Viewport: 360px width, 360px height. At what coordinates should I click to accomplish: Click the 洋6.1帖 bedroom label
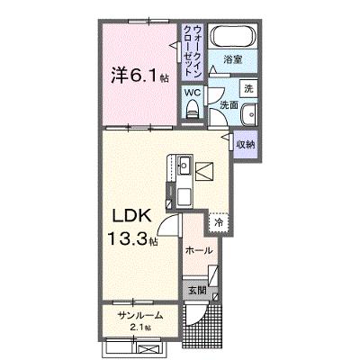click(139, 76)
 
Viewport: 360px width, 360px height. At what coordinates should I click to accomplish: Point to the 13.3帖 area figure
click(132, 238)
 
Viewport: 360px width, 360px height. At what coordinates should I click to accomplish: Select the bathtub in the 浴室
click(233, 36)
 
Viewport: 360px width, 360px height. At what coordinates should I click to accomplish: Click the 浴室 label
click(233, 59)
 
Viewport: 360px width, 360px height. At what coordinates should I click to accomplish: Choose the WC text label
click(193, 93)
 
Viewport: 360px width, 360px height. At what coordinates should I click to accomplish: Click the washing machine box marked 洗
click(248, 88)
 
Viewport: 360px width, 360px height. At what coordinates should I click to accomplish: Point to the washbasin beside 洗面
click(248, 114)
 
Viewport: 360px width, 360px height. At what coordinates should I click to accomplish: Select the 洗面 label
click(229, 105)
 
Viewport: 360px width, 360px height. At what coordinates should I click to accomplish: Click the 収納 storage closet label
click(246, 144)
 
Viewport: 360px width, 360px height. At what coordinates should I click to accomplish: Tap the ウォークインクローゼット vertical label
click(193, 50)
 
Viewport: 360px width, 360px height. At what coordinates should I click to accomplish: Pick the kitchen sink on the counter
click(184, 165)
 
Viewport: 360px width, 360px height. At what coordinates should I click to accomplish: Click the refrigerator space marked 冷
click(219, 223)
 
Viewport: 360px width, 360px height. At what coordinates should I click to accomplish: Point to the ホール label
click(199, 250)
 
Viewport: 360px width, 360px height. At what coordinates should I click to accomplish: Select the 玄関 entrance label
click(197, 291)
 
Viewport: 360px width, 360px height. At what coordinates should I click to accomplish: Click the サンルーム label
click(140, 316)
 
